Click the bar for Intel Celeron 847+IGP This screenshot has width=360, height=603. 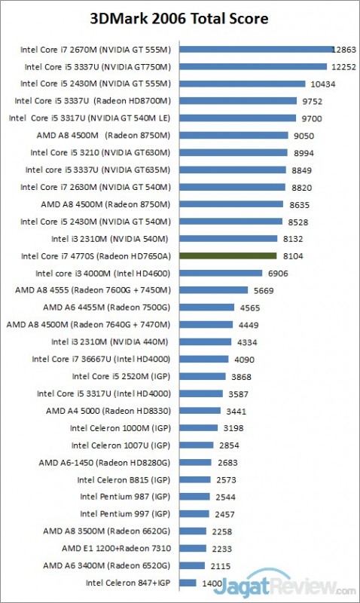tap(188, 582)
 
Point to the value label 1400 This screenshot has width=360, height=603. tap(212, 582)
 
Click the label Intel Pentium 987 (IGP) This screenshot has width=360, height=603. tap(125, 496)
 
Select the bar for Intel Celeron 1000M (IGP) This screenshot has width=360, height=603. tap(197, 427)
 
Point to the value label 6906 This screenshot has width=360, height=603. tap(279, 273)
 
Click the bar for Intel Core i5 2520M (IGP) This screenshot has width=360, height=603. tap(202, 376)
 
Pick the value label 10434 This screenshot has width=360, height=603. tap(323, 84)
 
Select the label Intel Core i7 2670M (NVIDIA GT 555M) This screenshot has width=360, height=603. tap(97, 50)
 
